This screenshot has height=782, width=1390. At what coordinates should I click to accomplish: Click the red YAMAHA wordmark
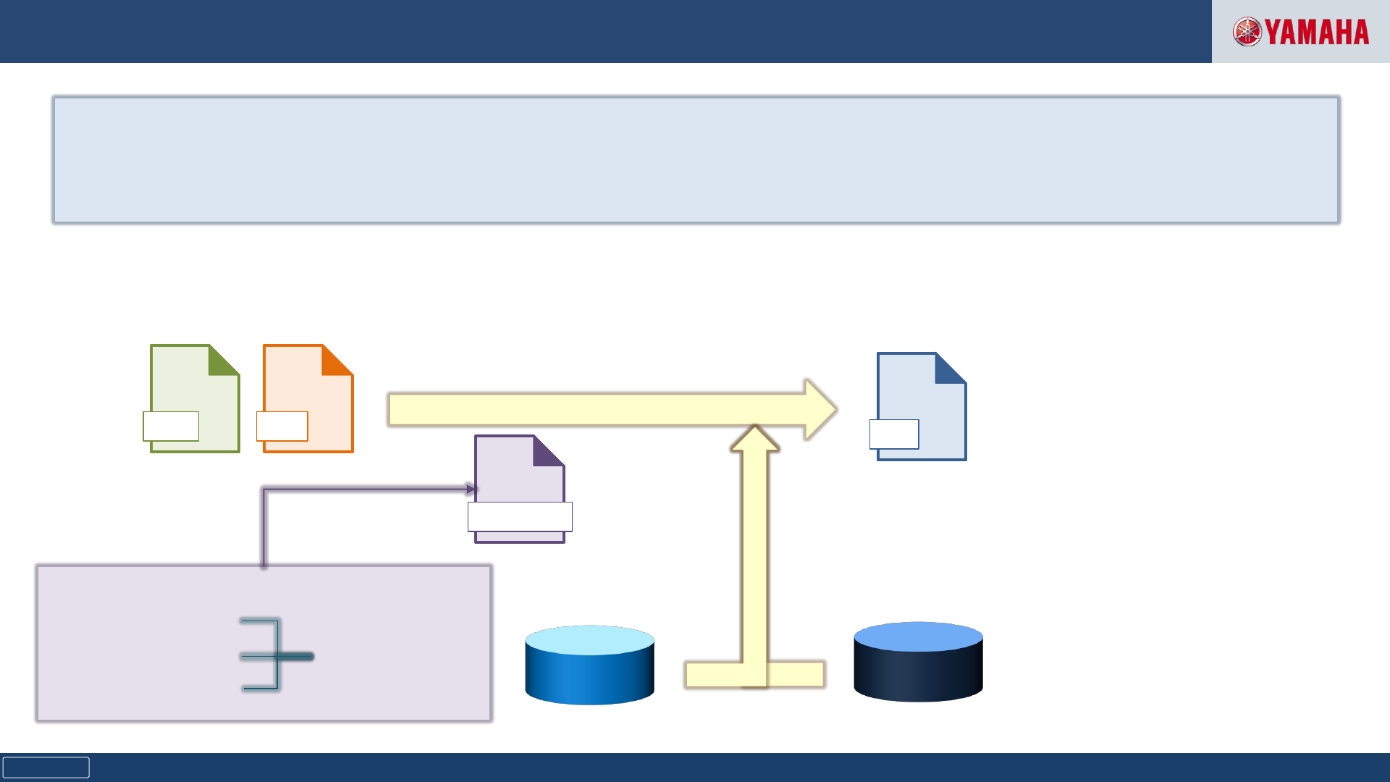pos(1317,33)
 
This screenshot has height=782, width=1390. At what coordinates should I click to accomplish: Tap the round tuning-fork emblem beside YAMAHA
pos(1247,32)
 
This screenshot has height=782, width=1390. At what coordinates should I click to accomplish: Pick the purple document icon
pos(518,478)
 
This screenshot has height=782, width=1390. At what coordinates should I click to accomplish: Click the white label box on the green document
pos(171,426)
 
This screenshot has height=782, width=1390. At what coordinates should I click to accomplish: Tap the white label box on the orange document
pos(282,426)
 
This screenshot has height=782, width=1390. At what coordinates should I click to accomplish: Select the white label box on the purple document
pos(520,517)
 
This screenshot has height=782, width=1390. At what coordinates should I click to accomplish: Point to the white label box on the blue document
pos(894,434)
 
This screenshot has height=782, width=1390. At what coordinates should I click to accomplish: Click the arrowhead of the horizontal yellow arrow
pos(821,409)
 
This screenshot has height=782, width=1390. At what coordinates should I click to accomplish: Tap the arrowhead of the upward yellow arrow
pos(755,439)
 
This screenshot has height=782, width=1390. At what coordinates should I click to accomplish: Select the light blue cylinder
pos(589,665)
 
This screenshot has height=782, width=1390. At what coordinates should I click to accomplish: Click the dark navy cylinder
pos(918,662)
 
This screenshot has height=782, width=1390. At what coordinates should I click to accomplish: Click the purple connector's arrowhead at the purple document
pos(471,489)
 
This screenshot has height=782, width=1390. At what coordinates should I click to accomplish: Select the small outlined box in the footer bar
pos(46,768)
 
